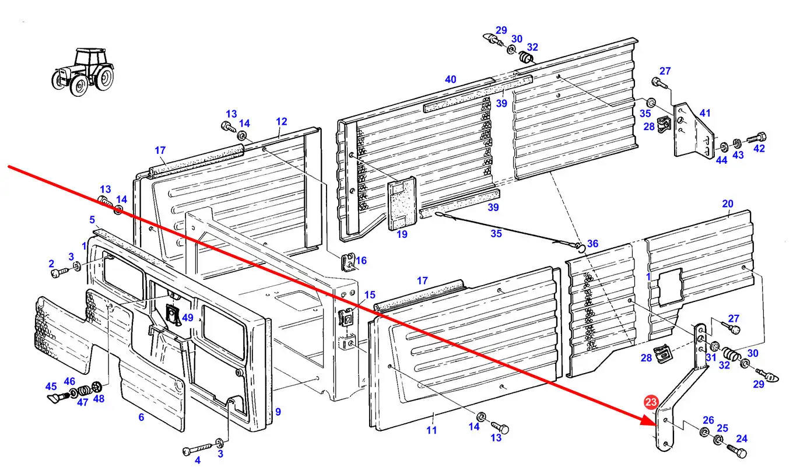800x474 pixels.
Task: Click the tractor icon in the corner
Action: click(83, 71)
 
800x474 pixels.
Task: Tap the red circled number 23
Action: click(651, 402)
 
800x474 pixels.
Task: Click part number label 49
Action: click(187, 318)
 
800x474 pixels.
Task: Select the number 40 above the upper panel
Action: click(450, 80)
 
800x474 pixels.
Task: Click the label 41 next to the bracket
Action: click(706, 113)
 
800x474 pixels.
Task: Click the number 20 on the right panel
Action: click(728, 204)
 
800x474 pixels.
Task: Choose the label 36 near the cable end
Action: click(592, 244)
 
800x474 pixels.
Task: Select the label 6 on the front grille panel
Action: click(141, 417)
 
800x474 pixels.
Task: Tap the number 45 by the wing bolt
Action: click(51, 387)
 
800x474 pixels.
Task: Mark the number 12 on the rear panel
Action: click(282, 122)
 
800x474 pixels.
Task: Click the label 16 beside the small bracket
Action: click(362, 261)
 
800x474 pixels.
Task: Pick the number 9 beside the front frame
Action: click(278, 412)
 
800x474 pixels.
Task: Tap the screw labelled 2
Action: click(57, 272)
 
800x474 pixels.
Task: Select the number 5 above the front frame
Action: click(92, 220)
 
